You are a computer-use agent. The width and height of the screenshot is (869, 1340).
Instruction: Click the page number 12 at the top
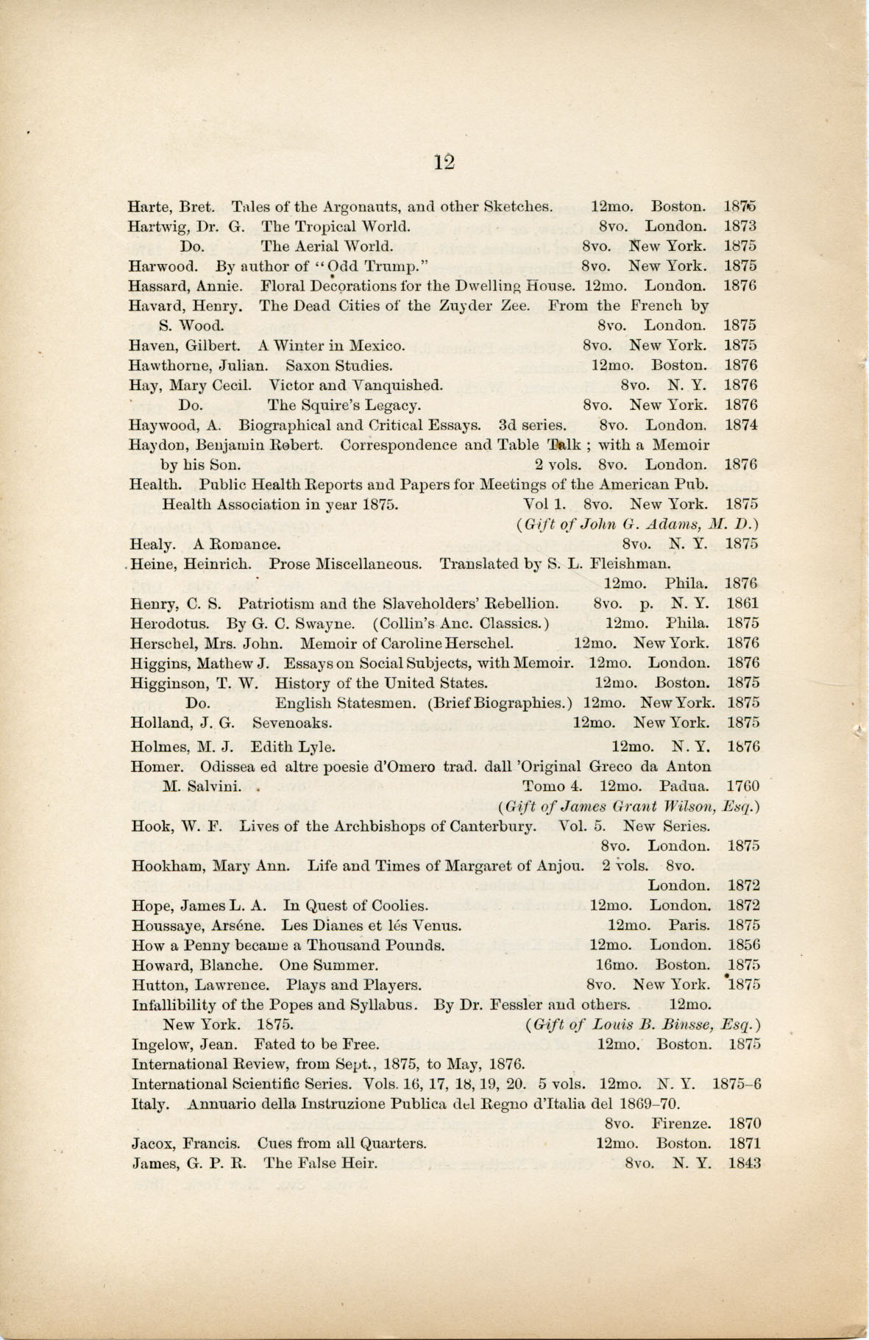(444, 162)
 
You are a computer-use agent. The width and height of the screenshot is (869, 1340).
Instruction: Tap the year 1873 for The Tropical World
(739, 226)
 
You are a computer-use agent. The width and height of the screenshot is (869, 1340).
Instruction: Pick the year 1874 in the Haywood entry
(740, 425)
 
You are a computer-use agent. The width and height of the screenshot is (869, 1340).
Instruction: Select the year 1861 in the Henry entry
(742, 603)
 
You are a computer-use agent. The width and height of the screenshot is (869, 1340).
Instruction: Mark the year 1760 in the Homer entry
(742, 786)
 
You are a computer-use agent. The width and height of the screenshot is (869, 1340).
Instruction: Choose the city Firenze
(681, 1124)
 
